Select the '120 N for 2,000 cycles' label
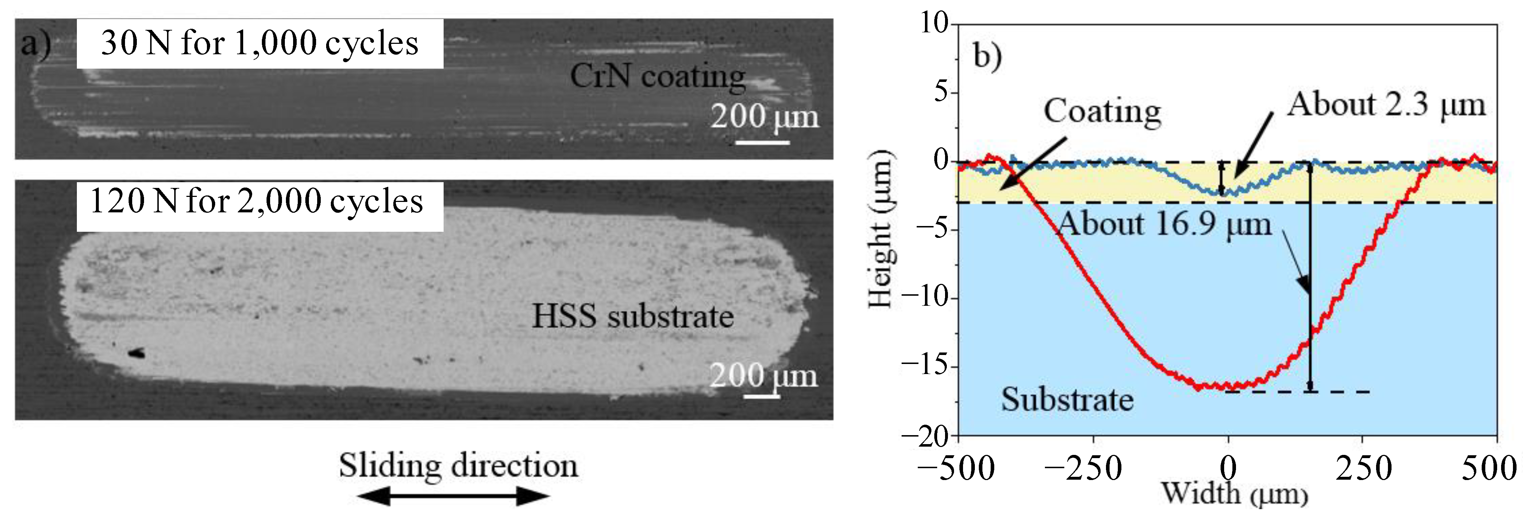point(256,202)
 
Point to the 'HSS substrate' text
point(632,317)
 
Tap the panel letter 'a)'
point(36,44)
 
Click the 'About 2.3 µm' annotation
point(1387,105)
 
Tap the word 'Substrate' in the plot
point(1067,400)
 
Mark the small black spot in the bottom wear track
point(136,353)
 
